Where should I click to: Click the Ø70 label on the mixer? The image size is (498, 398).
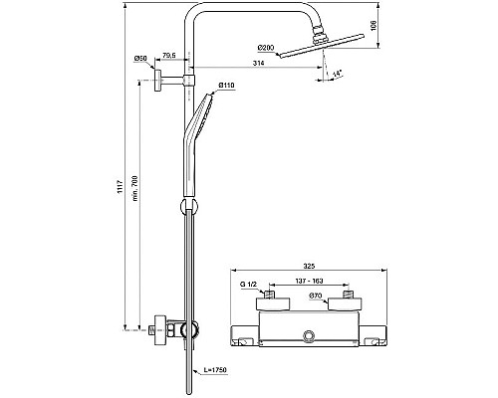pos(315,296)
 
